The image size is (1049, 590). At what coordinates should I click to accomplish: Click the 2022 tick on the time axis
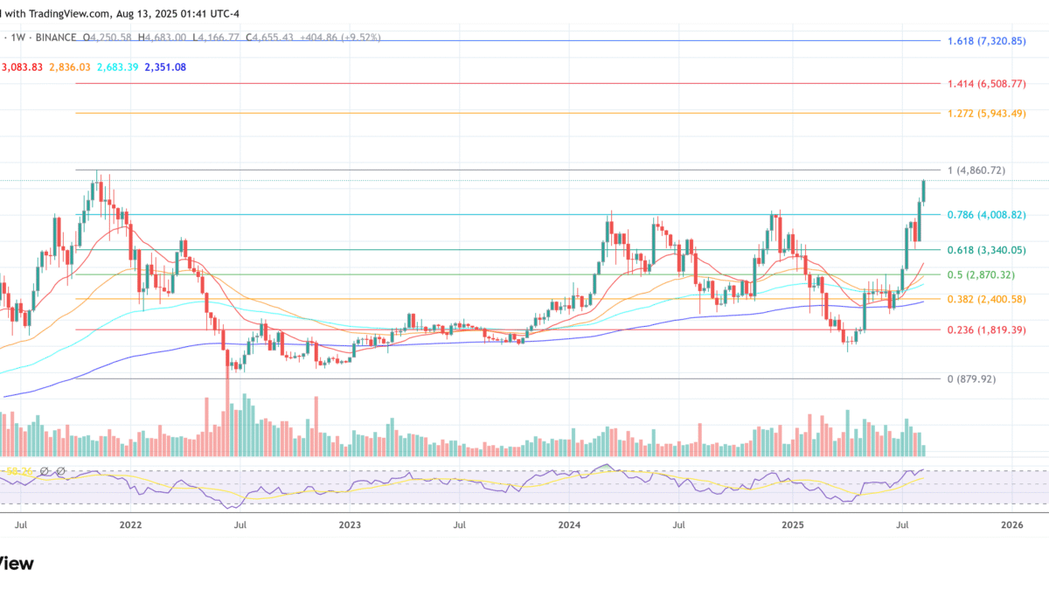(x=130, y=525)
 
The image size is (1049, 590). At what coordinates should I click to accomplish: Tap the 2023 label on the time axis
(x=350, y=525)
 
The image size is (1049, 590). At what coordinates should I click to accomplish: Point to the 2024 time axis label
(x=569, y=525)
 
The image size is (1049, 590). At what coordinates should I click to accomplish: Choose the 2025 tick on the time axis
(x=792, y=525)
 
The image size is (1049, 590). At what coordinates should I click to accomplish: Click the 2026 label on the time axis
(x=1011, y=525)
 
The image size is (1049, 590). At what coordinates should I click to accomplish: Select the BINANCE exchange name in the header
(x=52, y=38)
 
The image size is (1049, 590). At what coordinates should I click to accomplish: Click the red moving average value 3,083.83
(x=24, y=67)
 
